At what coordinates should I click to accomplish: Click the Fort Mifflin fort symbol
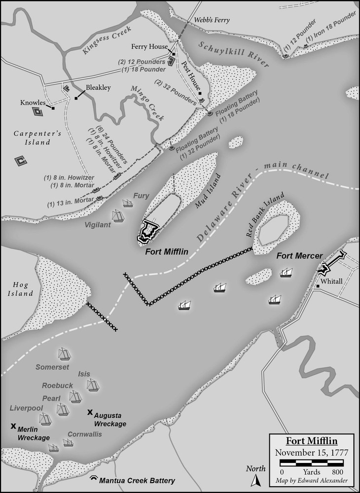click(148, 231)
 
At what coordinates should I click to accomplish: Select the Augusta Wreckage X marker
click(90, 412)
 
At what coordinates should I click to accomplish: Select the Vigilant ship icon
click(118, 215)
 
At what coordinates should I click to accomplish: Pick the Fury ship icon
click(128, 203)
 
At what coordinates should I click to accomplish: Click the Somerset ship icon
click(64, 354)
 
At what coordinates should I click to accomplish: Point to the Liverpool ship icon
click(45, 419)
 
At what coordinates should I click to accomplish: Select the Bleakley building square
click(77, 98)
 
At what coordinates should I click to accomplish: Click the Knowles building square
click(52, 108)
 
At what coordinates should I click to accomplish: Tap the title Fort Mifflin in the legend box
click(312, 440)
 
